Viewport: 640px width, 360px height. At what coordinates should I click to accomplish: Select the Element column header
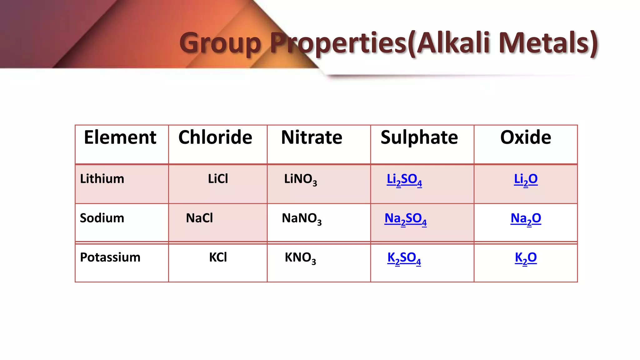click(x=120, y=137)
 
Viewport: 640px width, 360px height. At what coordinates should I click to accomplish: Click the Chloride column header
click(x=215, y=137)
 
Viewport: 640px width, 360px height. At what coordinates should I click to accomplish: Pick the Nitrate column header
click(x=312, y=137)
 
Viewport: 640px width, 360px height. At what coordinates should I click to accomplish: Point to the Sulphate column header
click(x=419, y=137)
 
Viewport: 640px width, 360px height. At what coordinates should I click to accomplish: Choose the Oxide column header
click(x=526, y=137)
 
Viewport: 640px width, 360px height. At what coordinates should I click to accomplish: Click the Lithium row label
click(x=102, y=179)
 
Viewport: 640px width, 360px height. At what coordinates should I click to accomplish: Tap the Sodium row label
click(x=102, y=218)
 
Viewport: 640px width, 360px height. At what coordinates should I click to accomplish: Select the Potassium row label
click(x=110, y=257)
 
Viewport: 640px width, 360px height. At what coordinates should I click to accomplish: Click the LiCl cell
click(x=218, y=179)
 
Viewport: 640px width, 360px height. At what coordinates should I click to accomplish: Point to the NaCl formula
click(x=199, y=218)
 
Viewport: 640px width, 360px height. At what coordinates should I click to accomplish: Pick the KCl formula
click(x=218, y=257)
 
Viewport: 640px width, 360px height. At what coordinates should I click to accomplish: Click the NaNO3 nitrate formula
click(x=302, y=218)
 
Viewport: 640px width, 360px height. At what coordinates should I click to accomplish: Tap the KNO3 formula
click(x=300, y=258)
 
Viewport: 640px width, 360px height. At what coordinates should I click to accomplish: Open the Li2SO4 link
click(x=404, y=180)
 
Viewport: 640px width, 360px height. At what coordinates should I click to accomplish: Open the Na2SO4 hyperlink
click(x=405, y=219)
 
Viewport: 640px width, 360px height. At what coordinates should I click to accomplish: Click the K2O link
click(x=526, y=258)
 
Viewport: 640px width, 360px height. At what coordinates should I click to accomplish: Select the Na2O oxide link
click(x=526, y=219)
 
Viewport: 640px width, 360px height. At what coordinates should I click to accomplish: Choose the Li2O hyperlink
click(x=526, y=180)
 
